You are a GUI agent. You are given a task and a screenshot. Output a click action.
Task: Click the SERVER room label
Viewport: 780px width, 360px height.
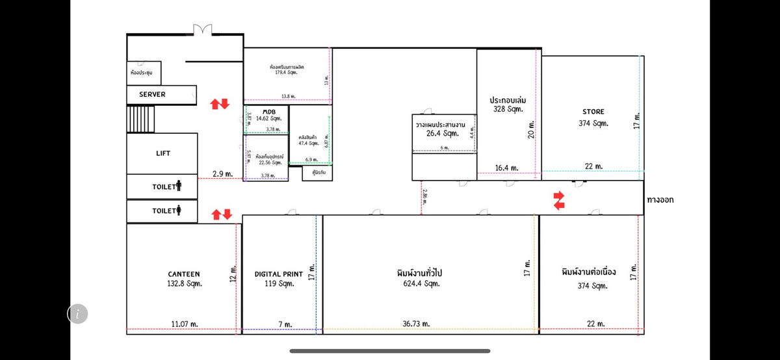tap(152, 94)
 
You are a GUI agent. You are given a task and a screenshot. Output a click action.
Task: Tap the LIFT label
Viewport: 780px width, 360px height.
tap(163, 153)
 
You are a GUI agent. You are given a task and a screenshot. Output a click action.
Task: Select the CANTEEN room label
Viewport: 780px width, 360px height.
tap(184, 274)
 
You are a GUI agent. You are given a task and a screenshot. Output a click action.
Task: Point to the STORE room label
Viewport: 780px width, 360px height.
tap(593, 111)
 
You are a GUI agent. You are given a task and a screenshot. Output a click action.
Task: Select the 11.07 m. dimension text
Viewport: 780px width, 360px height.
tap(185, 324)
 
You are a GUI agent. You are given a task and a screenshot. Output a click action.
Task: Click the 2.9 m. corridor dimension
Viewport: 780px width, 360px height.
tap(222, 174)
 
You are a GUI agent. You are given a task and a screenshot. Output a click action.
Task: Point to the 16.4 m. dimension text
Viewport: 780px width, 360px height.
tap(506, 168)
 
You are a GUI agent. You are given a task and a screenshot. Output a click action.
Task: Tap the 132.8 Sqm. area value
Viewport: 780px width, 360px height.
tap(185, 283)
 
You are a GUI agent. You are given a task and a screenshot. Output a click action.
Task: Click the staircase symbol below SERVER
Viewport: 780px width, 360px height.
tap(140, 119)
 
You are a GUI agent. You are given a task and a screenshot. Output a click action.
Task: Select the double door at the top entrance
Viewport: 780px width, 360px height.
tap(202, 30)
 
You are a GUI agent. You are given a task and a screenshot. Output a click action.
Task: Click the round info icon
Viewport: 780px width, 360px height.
tap(77, 314)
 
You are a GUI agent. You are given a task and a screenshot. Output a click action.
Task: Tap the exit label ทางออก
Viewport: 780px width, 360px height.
tap(660, 199)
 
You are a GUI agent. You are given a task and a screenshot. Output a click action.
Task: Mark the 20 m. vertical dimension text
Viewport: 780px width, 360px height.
tap(532, 129)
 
